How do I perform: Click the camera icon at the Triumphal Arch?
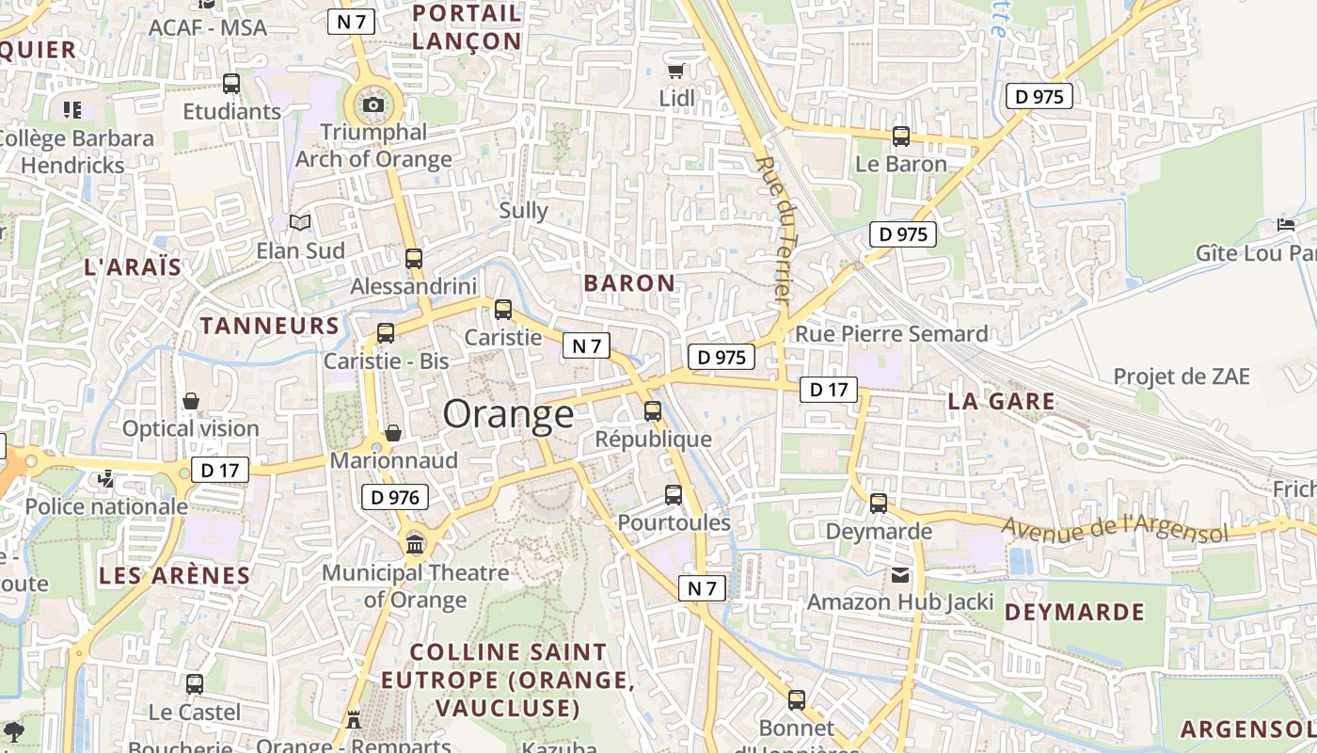373,104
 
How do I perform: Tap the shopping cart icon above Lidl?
675,71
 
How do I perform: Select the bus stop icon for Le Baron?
901,136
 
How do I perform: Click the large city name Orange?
508,414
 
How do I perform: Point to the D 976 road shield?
395,497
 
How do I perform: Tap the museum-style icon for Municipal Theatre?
415,544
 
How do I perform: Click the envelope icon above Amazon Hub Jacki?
901,575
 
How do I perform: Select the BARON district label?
629,282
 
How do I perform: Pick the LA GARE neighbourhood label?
1001,401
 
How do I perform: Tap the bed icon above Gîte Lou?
1286,225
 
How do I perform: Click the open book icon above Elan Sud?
300,223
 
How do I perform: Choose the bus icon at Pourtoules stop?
674,494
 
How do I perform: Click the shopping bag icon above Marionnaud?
393,432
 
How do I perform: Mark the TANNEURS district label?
269,326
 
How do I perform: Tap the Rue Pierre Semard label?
892,334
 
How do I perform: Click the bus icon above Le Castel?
195,684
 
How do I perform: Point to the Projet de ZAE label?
1182,376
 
